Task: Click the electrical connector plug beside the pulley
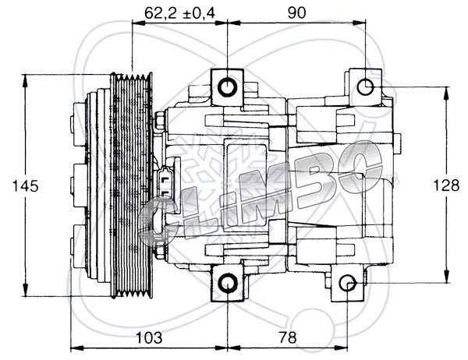[166, 184]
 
